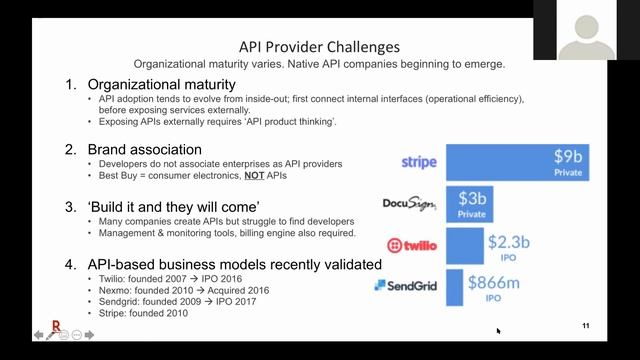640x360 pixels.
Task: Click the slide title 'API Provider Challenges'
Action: [319, 46]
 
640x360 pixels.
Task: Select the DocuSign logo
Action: [409, 204]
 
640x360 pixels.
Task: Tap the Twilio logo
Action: [411, 245]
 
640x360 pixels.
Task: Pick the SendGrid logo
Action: [407, 285]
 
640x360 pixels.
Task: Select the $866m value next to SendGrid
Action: [499, 280]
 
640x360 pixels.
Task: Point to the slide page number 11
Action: [585, 326]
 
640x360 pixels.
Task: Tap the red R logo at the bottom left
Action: [56, 326]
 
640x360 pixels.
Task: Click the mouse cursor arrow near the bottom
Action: [498, 331]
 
